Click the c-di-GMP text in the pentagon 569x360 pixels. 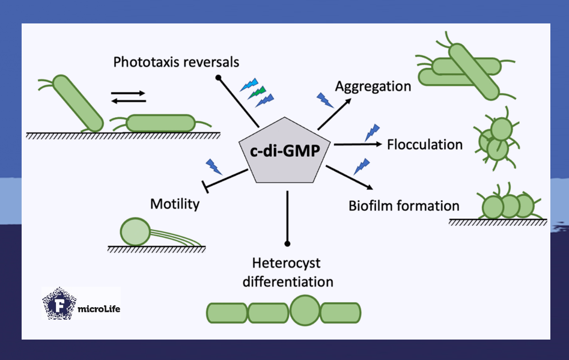[288, 150]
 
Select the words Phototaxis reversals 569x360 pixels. [175, 62]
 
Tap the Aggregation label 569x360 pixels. [373, 86]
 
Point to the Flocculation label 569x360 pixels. [425, 144]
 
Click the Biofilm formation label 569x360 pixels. [404, 206]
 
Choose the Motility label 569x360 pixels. [174, 204]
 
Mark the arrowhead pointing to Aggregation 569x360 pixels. [348, 102]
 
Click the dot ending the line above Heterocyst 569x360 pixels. [288, 243]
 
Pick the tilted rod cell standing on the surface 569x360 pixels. [78, 103]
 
